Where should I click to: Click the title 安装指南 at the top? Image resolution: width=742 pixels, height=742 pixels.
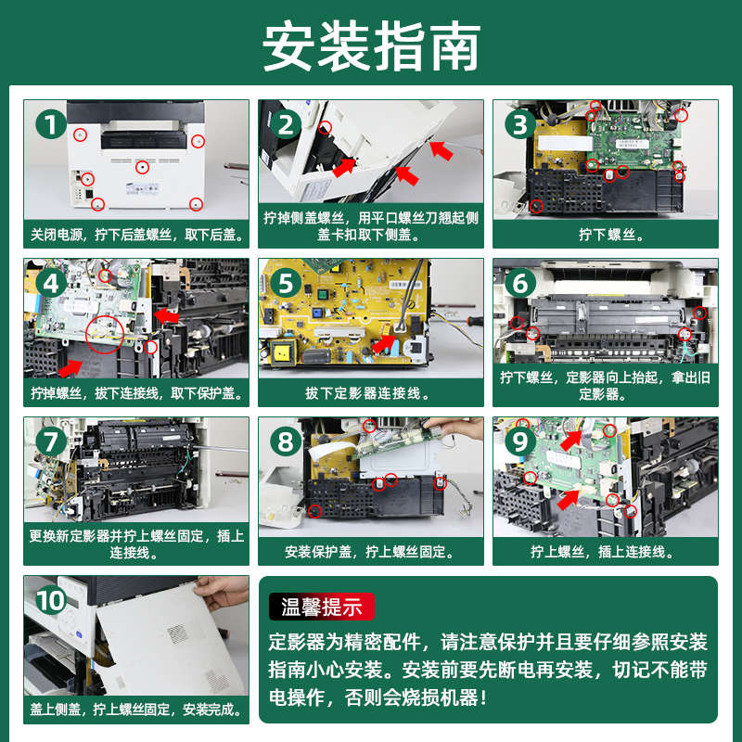point(372,46)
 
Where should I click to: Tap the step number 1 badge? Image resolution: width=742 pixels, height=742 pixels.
point(51,124)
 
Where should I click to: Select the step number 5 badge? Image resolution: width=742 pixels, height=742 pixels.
point(286,284)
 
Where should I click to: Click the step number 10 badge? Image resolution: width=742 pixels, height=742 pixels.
point(51,600)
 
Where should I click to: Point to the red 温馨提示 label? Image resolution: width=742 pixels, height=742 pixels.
point(321,607)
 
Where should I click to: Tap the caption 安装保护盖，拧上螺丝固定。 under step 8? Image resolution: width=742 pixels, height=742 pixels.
point(369,551)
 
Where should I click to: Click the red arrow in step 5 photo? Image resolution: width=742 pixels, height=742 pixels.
point(384,343)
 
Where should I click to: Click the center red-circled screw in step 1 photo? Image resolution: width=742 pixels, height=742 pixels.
point(142,167)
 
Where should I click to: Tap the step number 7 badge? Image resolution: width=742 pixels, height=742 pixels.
point(51,442)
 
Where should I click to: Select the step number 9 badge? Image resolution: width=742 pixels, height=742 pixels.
point(520,442)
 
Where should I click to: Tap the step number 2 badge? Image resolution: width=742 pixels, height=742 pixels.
point(286,124)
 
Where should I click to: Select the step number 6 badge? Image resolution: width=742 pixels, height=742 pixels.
point(520,284)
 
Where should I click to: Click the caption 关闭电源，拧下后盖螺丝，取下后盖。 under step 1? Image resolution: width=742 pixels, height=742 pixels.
point(136,235)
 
